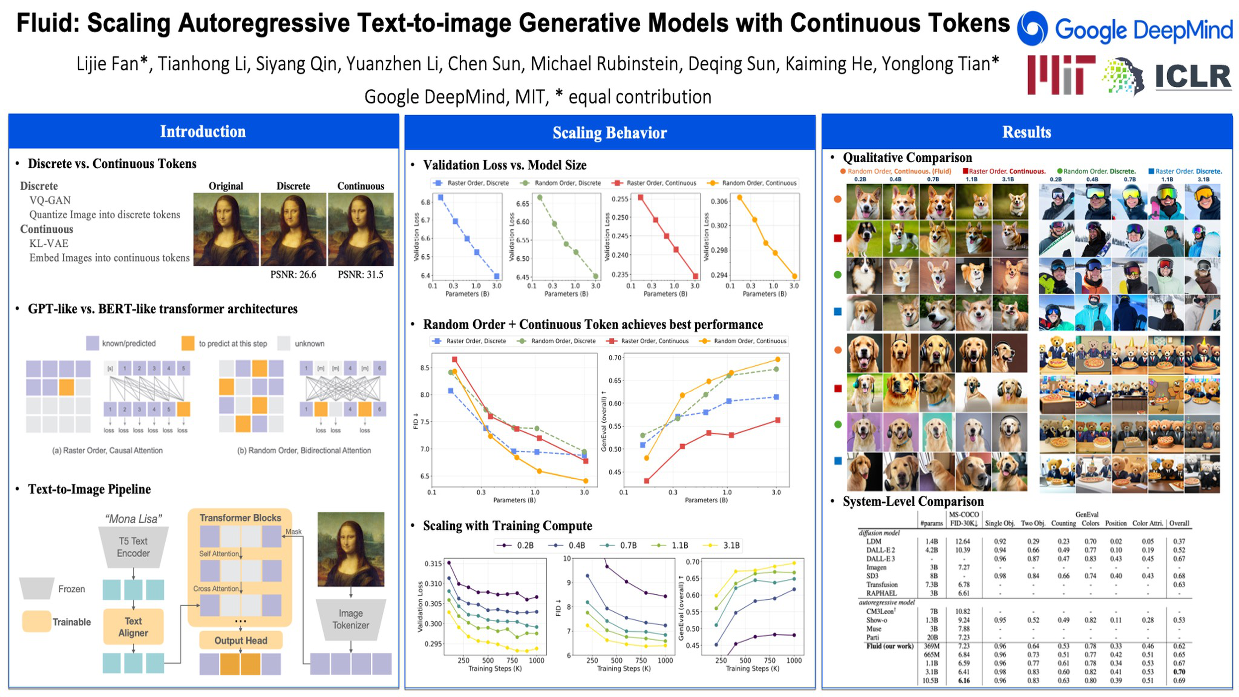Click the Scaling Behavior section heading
tap(609, 133)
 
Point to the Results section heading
tap(1026, 132)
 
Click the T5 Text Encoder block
tap(133, 547)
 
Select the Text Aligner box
tap(133, 627)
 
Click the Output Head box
tap(241, 640)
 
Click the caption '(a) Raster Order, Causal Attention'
tap(107, 450)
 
